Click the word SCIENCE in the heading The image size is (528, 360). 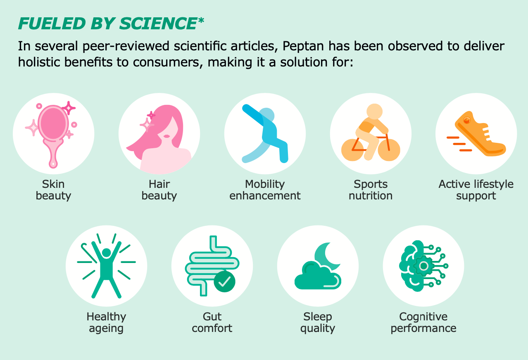click(x=158, y=24)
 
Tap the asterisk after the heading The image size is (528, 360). click(x=201, y=21)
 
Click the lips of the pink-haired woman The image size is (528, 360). click(x=166, y=136)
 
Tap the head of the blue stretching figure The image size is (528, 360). click(x=267, y=116)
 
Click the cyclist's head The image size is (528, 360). click(x=375, y=111)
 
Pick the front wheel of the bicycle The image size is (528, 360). click(x=389, y=150)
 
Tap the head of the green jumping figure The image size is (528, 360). click(x=107, y=253)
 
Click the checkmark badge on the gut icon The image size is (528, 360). click(x=224, y=282)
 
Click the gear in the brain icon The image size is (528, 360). click(x=423, y=266)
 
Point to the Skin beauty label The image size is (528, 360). click(x=53, y=190)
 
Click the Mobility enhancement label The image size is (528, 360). click(x=265, y=190)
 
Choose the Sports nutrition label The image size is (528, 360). click(x=371, y=190)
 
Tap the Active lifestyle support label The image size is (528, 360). click(x=476, y=190)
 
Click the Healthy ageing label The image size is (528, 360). click(x=106, y=322)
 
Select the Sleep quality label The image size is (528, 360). click(x=318, y=322)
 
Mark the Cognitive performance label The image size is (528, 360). click(x=423, y=322)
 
